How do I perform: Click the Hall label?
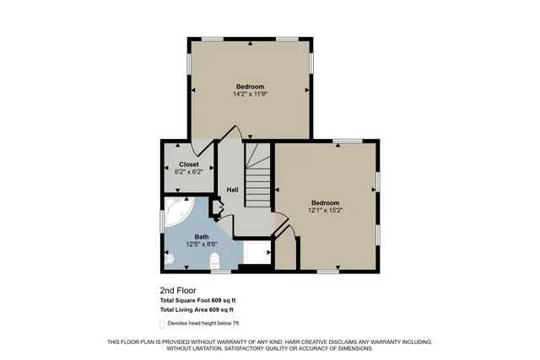[x=232, y=190]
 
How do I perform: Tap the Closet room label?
[x=189, y=164]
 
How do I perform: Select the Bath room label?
[x=202, y=237]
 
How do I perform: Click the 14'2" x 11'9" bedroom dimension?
[x=250, y=94]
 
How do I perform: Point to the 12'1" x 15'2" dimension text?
[x=326, y=210]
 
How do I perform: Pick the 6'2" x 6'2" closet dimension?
[x=189, y=171]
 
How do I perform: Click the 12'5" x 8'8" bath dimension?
[x=202, y=244]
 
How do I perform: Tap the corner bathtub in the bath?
[x=178, y=213]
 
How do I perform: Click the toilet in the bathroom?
[x=213, y=260]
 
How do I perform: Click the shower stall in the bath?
[x=258, y=251]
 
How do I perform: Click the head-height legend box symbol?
[x=163, y=323]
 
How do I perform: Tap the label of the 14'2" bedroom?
[x=250, y=86]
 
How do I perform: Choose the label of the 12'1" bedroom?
[x=326, y=202]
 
